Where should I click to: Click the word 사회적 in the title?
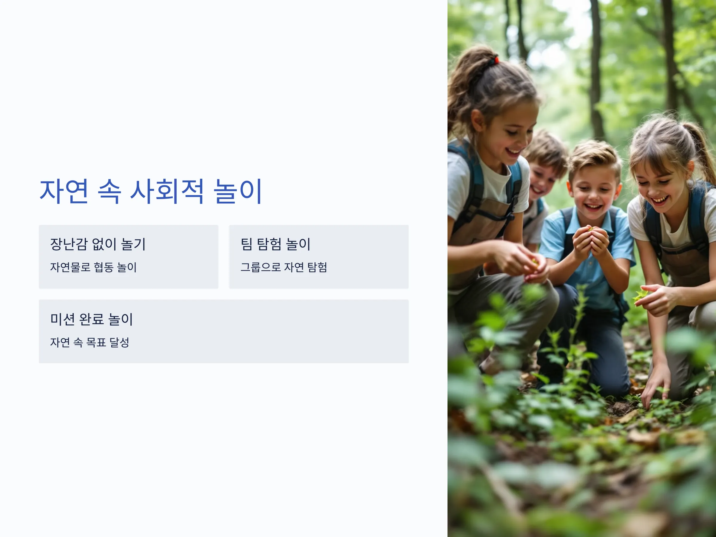167,191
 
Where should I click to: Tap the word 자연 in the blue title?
64,191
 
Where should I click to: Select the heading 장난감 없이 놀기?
98,244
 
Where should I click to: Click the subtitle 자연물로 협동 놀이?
93,267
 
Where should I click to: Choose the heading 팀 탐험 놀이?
275,244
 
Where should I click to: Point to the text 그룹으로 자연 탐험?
283,267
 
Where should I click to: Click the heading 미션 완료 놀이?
92,319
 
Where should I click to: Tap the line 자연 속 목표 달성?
90,342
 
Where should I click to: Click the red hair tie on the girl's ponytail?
496,60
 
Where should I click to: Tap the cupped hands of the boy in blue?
591,241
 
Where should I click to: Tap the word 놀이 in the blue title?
237,191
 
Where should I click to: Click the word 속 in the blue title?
109,191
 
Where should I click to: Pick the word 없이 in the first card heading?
104,244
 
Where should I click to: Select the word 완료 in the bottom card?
92,319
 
